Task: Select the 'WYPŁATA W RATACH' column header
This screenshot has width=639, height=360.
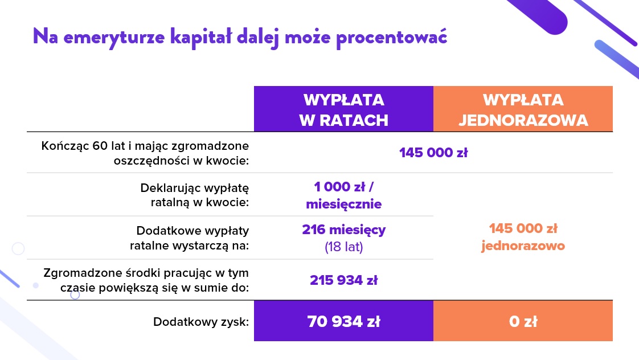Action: click(x=343, y=109)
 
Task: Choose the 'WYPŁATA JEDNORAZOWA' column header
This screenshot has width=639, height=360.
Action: click(x=523, y=109)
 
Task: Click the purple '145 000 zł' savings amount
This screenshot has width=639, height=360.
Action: click(x=433, y=153)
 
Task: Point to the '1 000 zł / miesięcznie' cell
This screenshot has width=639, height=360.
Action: click(x=343, y=195)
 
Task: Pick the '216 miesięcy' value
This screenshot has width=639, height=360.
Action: click(x=343, y=230)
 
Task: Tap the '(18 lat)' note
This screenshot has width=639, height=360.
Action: click(x=343, y=247)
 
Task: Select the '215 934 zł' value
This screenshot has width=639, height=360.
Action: click(x=343, y=280)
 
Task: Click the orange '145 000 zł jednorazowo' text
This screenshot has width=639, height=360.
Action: click(x=523, y=237)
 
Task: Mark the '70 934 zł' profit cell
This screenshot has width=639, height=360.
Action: click(x=343, y=321)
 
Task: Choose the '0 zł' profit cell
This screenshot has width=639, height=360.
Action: click(x=523, y=321)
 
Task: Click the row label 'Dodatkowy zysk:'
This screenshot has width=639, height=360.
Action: click(x=201, y=322)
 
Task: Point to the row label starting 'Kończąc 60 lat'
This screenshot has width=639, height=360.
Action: click(x=145, y=153)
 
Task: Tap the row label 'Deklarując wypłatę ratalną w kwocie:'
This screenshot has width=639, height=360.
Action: click(x=194, y=195)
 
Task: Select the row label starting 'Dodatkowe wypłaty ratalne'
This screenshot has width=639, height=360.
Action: click(x=190, y=238)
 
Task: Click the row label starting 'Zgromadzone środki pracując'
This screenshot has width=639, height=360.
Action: click(x=146, y=280)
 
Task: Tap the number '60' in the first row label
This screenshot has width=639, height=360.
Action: click(x=100, y=146)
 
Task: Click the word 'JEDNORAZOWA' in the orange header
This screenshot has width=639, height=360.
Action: click(x=523, y=120)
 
